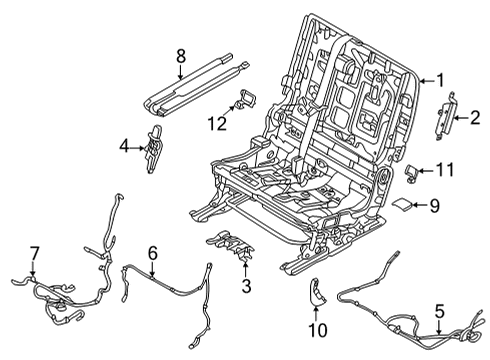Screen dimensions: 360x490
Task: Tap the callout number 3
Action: click(244, 288)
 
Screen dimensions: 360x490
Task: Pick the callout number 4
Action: click(124, 148)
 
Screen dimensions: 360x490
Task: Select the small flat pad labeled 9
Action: click(402, 206)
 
